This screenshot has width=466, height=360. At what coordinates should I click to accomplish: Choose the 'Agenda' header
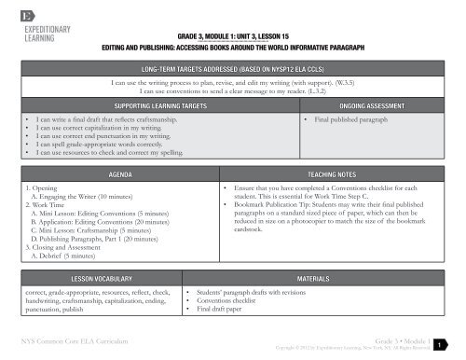pos(116,174)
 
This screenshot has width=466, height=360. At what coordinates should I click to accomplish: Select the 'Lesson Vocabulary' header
pos(99,278)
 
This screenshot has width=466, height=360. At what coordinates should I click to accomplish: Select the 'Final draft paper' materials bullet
pos(224,310)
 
